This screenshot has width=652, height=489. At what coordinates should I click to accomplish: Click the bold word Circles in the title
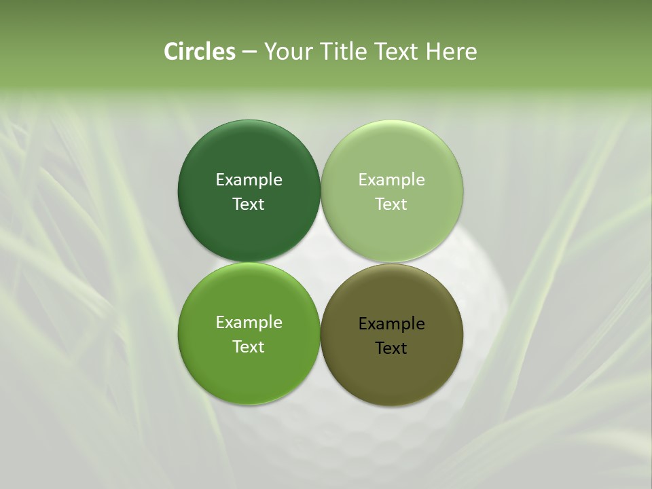pyautogui.click(x=199, y=52)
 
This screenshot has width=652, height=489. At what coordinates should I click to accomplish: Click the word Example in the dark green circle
pyautogui.click(x=249, y=179)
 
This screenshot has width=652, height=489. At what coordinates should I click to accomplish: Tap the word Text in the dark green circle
pyautogui.click(x=249, y=204)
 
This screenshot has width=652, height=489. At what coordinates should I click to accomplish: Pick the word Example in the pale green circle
pyautogui.click(x=391, y=179)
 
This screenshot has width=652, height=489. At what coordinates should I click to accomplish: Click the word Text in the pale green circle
pyautogui.click(x=391, y=204)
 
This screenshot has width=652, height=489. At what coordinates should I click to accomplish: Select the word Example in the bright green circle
pyautogui.click(x=249, y=322)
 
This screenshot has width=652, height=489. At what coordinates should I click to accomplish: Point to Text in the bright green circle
pyautogui.click(x=249, y=346)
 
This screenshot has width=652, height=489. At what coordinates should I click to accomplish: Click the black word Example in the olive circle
pyautogui.click(x=391, y=323)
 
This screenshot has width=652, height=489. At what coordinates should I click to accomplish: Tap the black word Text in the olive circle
pyautogui.click(x=391, y=348)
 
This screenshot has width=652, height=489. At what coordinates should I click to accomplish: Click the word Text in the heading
pyautogui.click(x=396, y=52)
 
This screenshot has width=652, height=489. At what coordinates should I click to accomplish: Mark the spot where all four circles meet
pyautogui.click(x=321, y=262)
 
